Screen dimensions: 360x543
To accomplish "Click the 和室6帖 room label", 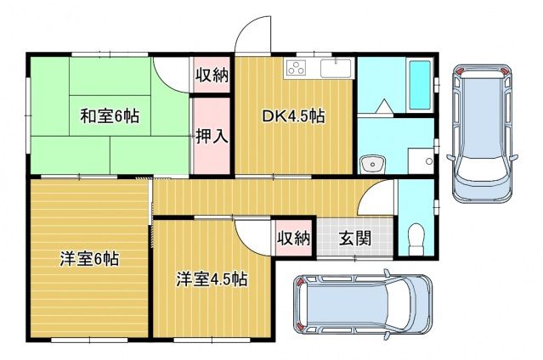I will (x=110, y=116).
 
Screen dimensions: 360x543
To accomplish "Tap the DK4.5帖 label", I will (x=291, y=117).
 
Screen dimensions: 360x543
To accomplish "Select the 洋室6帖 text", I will (x=88, y=259).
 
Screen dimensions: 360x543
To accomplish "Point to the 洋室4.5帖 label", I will (x=212, y=278).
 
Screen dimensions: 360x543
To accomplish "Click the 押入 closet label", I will (x=211, y=136).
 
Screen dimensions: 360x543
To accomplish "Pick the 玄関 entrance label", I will (x=355, y=238).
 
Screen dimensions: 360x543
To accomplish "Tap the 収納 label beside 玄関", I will (x=294, y=239).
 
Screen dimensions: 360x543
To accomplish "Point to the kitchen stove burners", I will (x=295, y=69).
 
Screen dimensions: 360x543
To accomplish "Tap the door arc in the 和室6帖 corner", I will (x=171, y=74).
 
